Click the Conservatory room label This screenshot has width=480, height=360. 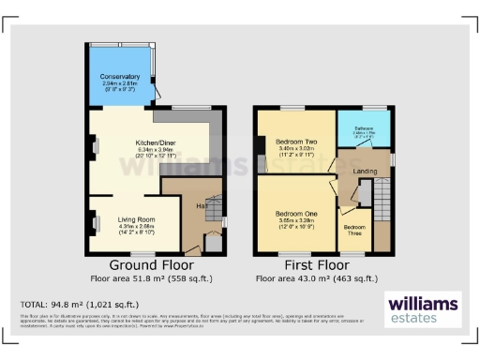pyautogui.click(x=120, y=78)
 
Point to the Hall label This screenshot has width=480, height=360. pyautogui.click(x=200, y=205)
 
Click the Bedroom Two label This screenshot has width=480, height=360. pyautogui.click(x=296, y=141)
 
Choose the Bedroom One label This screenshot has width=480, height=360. pyautogui.click(x=295, y=215)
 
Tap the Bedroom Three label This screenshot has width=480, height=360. pyautogui.click(x=354, y=230)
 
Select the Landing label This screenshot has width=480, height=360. pyautogui.click(x=365, y=172)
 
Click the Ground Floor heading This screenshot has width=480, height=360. pyautogui.click(x=146, y=265)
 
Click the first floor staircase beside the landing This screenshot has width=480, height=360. pyautogui.click(x=380, y=202)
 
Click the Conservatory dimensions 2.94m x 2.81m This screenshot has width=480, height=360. pyautogui.click(x=120, y=84)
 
